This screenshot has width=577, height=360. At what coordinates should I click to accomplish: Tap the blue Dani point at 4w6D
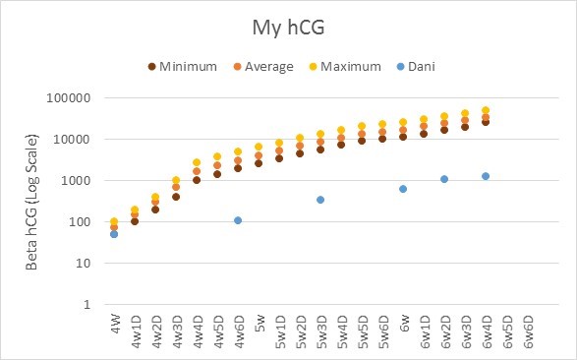click(x=238, y=220)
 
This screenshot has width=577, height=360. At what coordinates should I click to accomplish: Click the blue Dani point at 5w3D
click(x=320, y=200)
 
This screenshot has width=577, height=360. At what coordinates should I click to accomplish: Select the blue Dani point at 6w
click(x=403, y=189)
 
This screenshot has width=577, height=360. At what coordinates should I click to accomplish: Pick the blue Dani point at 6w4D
click(x=486, y=176)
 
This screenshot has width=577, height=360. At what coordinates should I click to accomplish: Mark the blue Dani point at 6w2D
click(x=444, y=179)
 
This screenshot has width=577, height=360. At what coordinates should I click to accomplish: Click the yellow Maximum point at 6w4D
click(x=486, y=110)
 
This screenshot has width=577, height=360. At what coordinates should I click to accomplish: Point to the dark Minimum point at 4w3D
click(x=176, y=197)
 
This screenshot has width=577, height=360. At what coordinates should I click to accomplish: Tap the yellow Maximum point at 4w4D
click(x=197, y=162)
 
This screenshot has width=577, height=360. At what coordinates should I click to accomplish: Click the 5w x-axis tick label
click(x=260, y=323)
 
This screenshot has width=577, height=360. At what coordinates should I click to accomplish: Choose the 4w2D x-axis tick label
click(x=155, y=330)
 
